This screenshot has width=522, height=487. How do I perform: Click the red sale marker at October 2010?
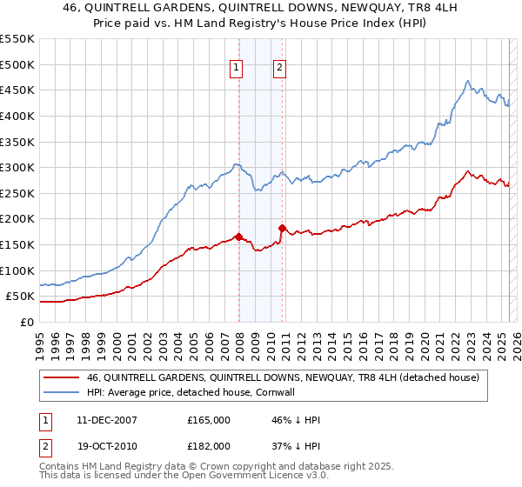click(282, 228)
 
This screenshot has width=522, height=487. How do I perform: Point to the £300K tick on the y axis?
click(18, 167)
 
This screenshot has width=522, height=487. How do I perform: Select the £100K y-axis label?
click(18, 270)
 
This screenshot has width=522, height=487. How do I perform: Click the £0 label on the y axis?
click(26, 322)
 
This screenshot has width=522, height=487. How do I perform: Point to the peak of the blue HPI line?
click(467, 82)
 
